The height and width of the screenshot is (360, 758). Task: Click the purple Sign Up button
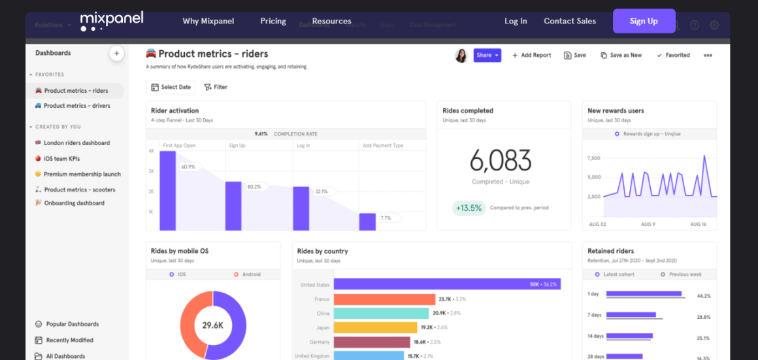644,21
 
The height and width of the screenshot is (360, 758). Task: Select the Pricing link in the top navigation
273,21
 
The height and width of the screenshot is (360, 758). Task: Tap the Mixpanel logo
112,21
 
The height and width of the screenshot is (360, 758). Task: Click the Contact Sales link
570,21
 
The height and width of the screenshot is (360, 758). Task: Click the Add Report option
531,56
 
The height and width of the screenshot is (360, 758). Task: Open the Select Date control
171,87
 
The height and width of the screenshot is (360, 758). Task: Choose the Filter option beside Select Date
216,87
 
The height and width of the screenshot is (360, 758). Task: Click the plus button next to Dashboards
116,54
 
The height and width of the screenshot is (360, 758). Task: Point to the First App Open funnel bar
168,190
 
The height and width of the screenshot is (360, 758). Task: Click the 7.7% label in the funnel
386,218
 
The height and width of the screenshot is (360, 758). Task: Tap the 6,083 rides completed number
501,160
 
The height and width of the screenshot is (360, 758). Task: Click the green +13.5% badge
468,208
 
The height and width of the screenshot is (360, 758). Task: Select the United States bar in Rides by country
447,285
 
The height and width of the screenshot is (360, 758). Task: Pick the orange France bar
384,299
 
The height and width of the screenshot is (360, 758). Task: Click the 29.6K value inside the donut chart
213,325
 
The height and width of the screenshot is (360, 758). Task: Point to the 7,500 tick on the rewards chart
593,158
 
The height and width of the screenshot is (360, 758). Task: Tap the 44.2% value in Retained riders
703,296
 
